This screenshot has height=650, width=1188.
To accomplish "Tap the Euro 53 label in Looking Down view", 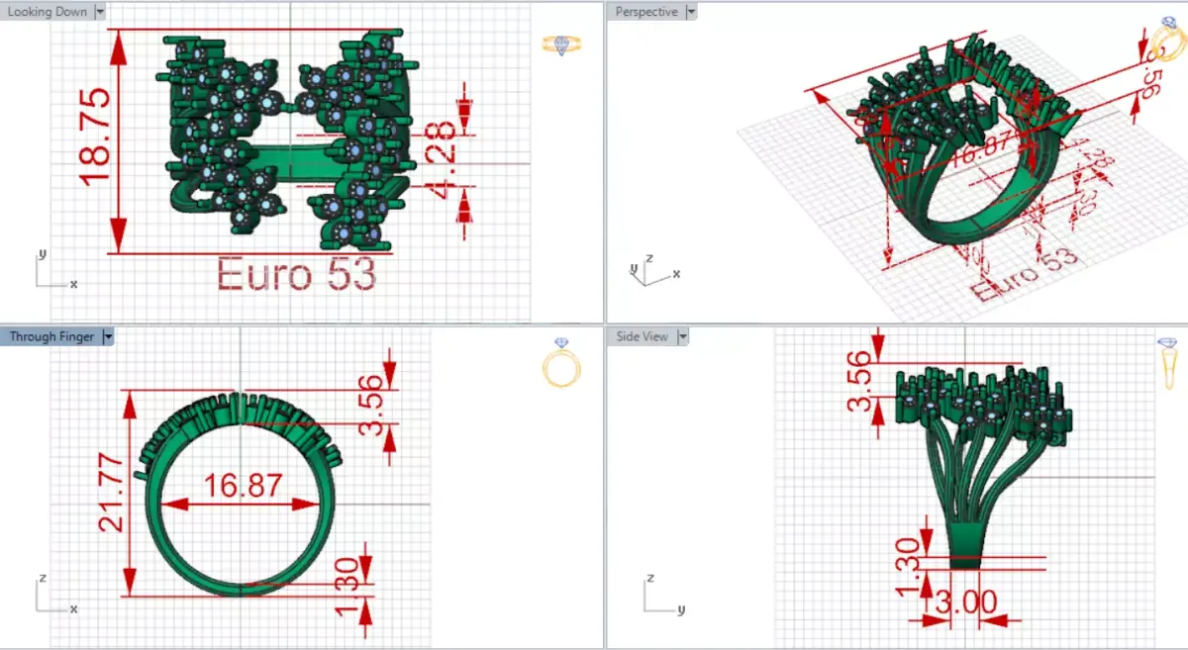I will (x=296, y=274).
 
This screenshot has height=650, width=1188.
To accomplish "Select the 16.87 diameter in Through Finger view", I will (x=243, y=486).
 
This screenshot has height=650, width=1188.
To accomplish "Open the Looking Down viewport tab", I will (x=47, y=12).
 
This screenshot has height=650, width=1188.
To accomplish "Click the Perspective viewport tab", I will (x=645, y=12).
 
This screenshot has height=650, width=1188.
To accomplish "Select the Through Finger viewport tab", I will (x=51, y=336).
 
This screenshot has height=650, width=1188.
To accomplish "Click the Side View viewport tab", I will (x=643, y=336).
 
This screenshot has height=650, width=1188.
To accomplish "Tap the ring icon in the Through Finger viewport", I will (x=562, y=363).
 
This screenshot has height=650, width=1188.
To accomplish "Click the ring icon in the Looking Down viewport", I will (x=562, y=45).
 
